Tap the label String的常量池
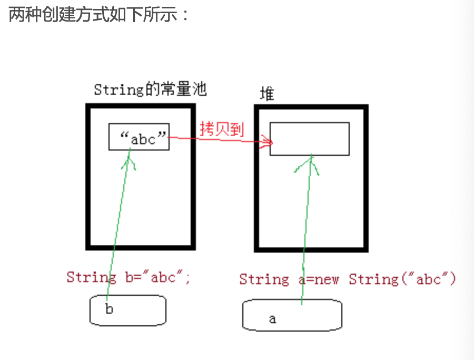[x=150, y=89]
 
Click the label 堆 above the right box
[x=268, y=94]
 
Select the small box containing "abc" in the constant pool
[x=139, y=137]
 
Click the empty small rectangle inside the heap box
[x=309, y=138]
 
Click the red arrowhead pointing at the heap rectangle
[x=270, y=142]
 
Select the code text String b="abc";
[x=129, y=277]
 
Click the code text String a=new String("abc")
[x=348, y=279]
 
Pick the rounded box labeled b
[x=127, y=309]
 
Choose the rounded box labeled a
[x=292, y=315]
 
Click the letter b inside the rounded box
[x=109, y=309]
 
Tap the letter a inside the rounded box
[x=272, y=319]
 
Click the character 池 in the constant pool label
[x=200, y=89]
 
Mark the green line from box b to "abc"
[x=119, y=221]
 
